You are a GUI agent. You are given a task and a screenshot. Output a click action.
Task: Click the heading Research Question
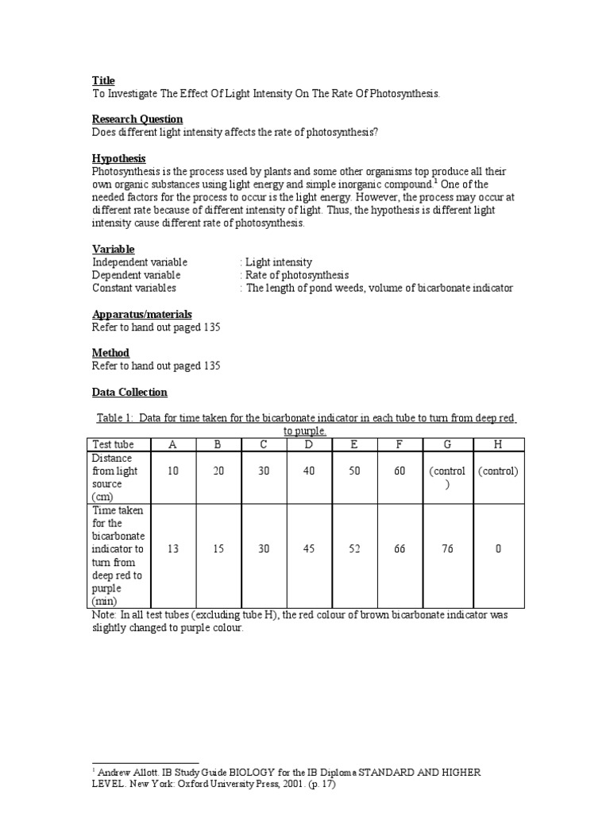[137, 119]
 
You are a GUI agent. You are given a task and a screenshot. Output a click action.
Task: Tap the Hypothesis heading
[119, 158]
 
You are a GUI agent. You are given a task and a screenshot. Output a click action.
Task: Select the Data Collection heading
[129, 392]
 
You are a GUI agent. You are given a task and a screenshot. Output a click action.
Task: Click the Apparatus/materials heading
[142, 314]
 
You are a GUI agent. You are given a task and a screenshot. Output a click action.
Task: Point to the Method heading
[110, 353]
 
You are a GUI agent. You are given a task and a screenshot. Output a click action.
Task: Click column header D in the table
[309, 444]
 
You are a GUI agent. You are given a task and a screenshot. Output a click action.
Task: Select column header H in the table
[497, 444]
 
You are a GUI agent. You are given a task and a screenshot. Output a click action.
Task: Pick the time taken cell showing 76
[448, 548]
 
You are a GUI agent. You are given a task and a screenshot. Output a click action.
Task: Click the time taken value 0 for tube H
[497, 548]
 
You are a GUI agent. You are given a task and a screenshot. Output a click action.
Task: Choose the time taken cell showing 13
[172, 548]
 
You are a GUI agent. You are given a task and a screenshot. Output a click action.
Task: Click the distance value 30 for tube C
[264, 471]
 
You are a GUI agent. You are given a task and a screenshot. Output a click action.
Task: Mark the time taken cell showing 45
[309, 548]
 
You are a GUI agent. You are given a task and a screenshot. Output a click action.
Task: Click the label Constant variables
[134, 288]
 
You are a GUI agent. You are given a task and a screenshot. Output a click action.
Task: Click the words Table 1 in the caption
[117, 418]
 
